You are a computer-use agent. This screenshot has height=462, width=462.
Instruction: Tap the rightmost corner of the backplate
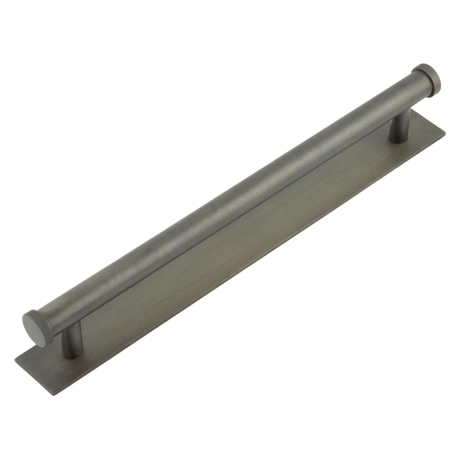click(x=445, y=131)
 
